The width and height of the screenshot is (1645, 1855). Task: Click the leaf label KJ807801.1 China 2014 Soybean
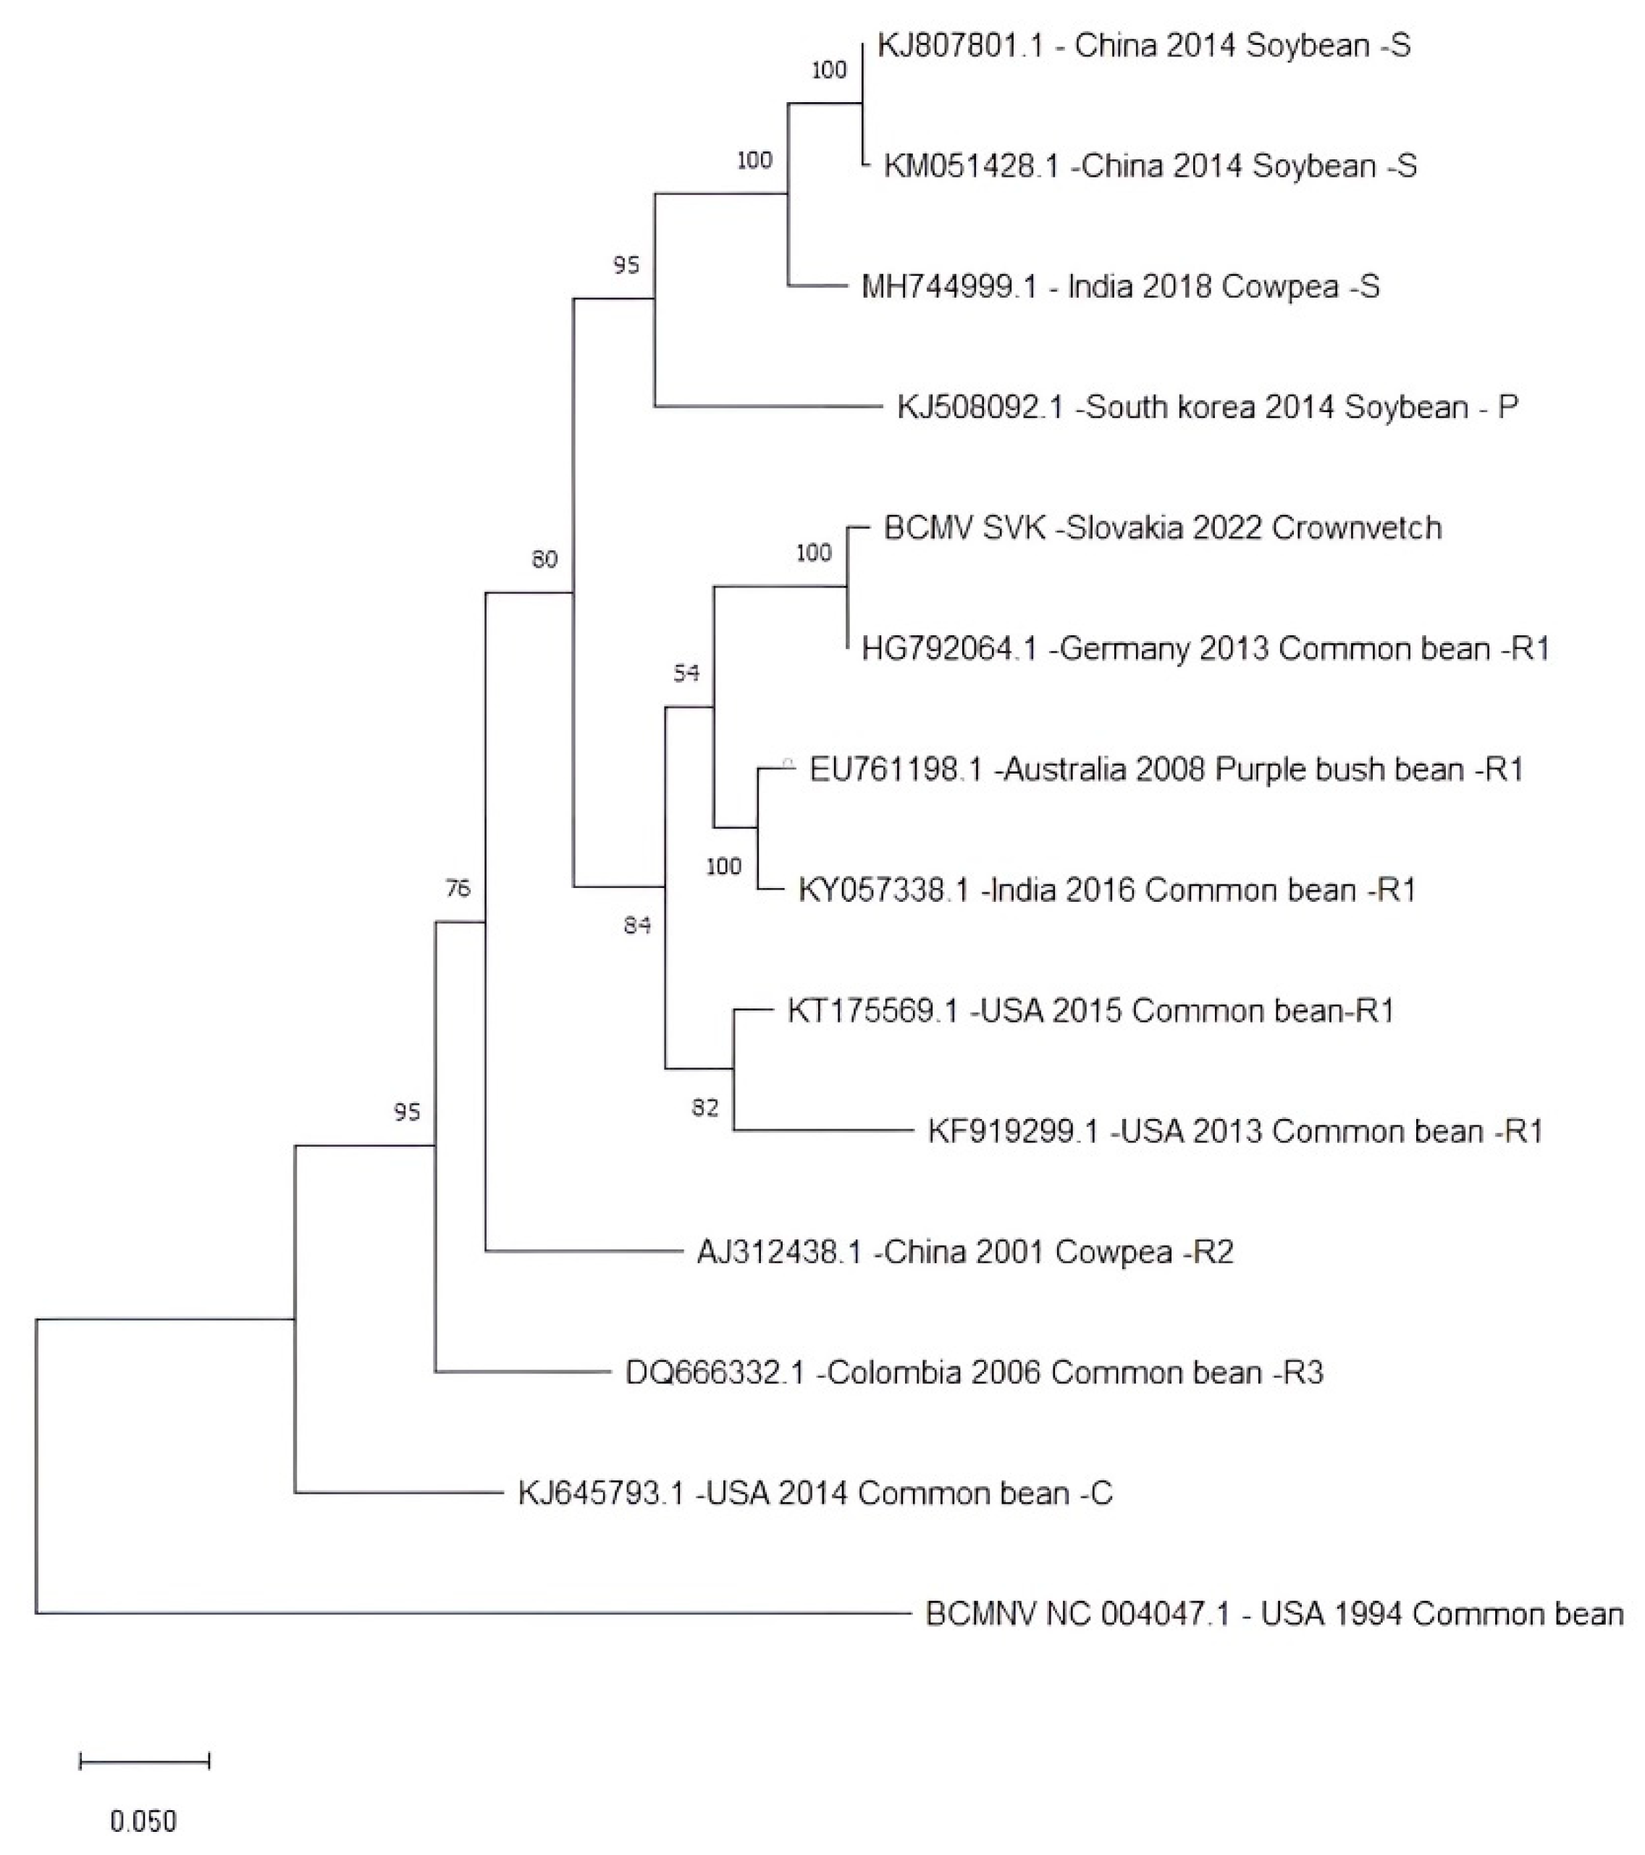(x=1143, y=46)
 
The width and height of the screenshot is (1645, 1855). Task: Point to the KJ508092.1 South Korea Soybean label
(x=1207, y=408)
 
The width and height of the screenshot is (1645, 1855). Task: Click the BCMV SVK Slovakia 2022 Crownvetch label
(x=1162, y=528)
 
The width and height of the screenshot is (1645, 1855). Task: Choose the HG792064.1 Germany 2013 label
(x=1205, y=649)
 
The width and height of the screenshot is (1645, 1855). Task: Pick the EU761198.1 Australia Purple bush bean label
(x=1166, y=769)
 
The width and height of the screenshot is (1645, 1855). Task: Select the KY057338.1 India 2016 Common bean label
(x=1107, y=890)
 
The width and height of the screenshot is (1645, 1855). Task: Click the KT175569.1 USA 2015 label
(x=1090, y=1011)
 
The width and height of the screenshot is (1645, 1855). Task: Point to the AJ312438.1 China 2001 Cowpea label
(x=964, y=1252)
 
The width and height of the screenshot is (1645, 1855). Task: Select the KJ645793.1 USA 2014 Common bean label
(x=815, y=1493)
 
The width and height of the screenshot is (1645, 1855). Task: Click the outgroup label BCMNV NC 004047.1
(x=1274, y=1614)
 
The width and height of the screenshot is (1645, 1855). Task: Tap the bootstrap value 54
(x=686, y=672)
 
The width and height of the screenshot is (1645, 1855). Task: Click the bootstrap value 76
(x=458, y=889)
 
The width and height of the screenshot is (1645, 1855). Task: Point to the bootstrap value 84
(x=637, y=925)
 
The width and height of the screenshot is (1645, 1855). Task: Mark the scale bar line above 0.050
(x=146, y=1762)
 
